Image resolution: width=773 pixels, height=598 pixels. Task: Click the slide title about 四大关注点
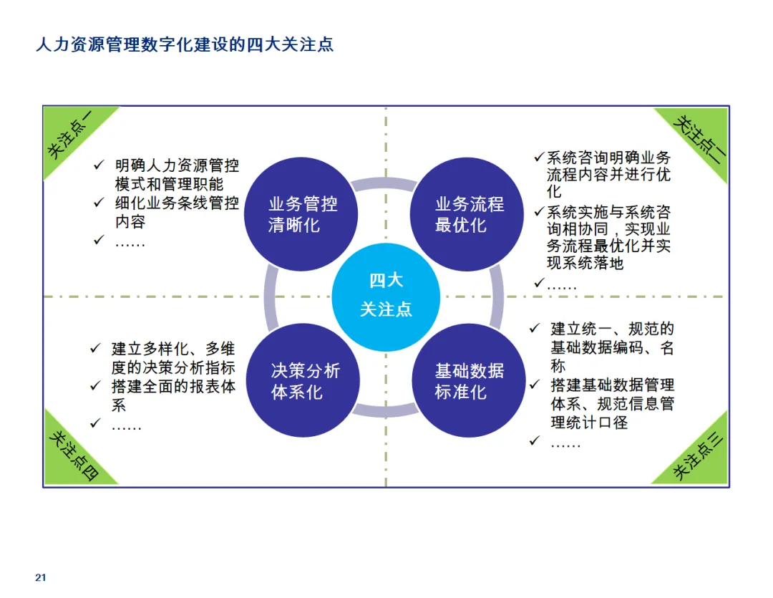point(185,44)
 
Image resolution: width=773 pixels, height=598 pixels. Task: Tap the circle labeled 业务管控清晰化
point(302,214)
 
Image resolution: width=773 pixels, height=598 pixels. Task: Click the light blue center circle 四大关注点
point(386,295)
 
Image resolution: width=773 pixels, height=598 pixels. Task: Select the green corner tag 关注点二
point(697,136)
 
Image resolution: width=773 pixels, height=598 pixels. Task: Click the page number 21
point(40,578)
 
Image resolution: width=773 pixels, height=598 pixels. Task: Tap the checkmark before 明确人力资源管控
point(99,165)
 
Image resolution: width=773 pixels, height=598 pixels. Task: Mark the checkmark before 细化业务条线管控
point(99,203)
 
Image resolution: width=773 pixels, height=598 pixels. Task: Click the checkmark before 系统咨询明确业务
point(539,157)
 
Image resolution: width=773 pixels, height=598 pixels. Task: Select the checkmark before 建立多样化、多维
point(95,349)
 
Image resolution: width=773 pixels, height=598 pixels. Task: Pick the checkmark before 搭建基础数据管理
point(534,385)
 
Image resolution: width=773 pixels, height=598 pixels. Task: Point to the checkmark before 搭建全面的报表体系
point(95,387)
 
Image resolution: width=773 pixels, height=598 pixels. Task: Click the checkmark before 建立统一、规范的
point(534,329)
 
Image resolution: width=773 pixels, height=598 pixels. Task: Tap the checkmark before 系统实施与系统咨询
point(539,212)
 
